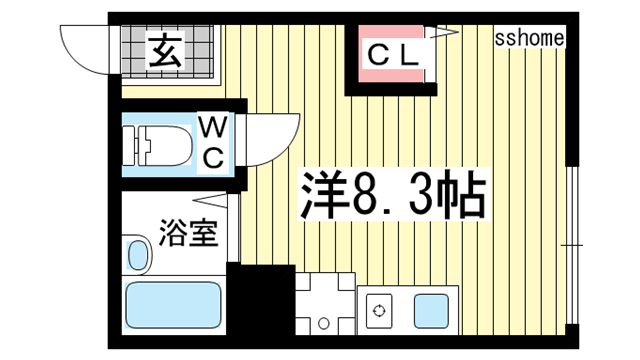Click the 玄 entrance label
pyautogui.click(x=165, y=51)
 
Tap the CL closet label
pyautogui.click(x=393, y=56)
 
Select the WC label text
pyautogui.click(x=213, y=142)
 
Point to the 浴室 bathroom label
pyautogui.click(x=188, y=233)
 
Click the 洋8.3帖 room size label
pyautogui.click(x=393, y=195)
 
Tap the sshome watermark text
pyautogui.click(x=529, y=38)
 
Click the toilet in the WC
pyautogui.click(x=158, y=146)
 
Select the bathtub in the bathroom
pyautogui.click(x=173, y=305)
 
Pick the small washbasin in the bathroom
pyautogui.click(x=138, y=254)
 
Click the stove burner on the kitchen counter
pyautogui.click(x=379, y=311)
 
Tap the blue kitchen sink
pyautogui.click(x=431, y=311)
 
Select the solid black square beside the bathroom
pyautogui.click(x=261, y=299)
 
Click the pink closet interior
pyautogui.click(x=391, y=54)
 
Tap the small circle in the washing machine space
pyautogui.click(x=324, y=324)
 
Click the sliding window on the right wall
pyautogui.click(x=572, y=245)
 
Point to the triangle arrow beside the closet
pyautogui.click(x=444, y=33)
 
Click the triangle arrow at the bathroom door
pyautogui.click(x=209, y=201)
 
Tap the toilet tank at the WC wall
pyautogui.click(x=129, y=146)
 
